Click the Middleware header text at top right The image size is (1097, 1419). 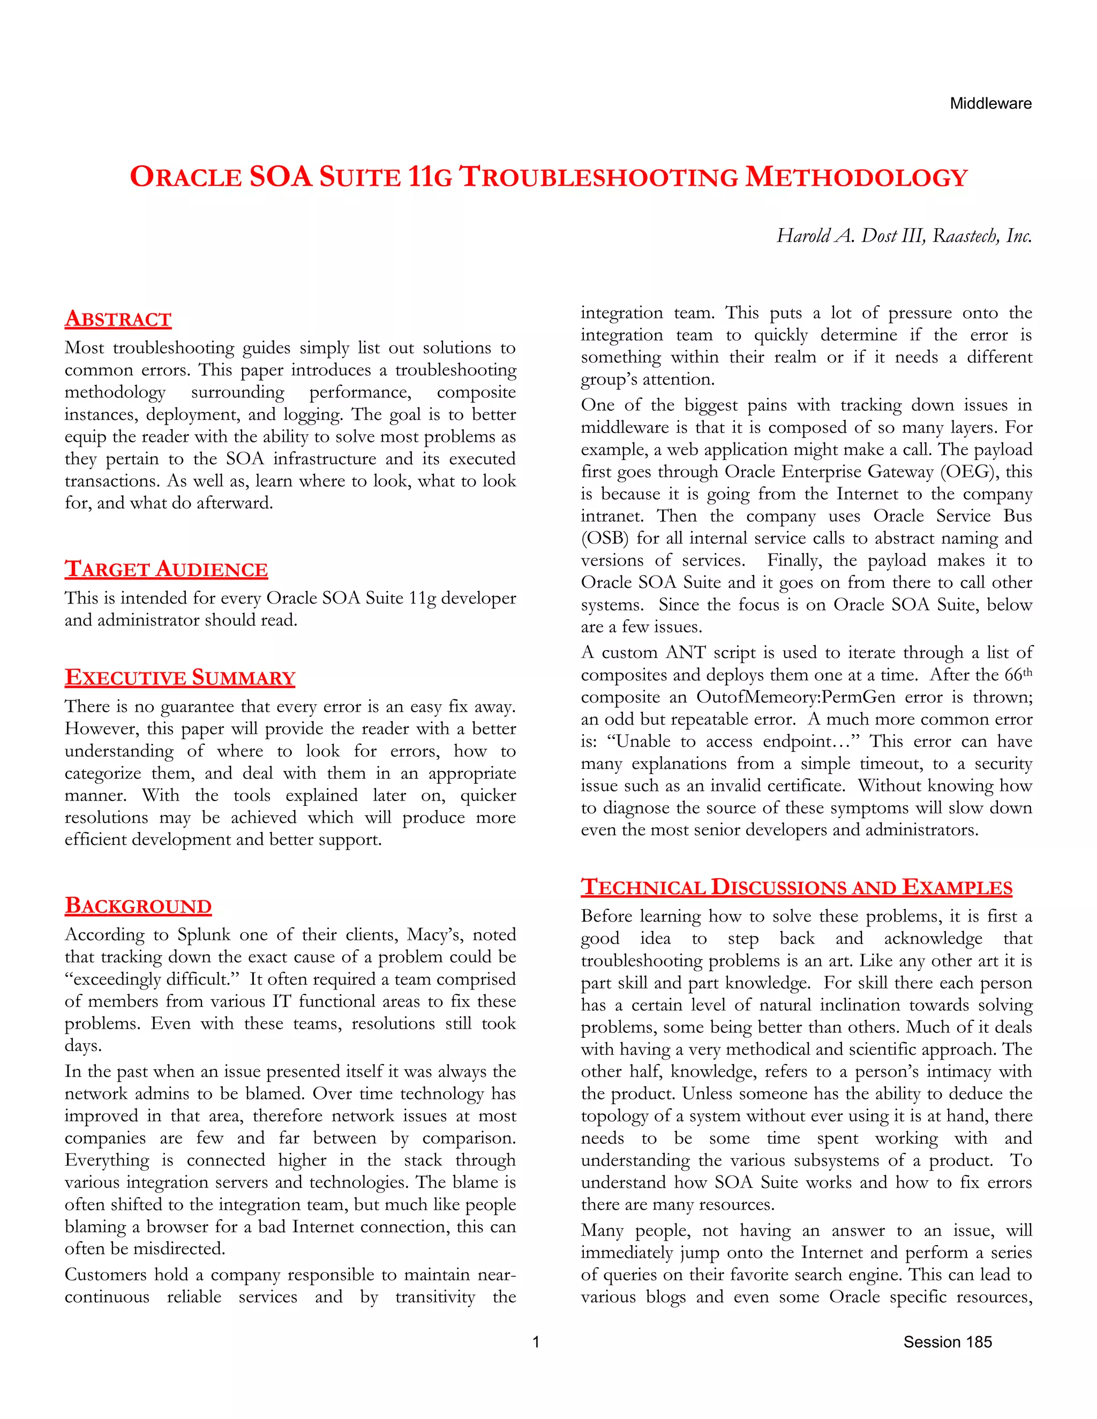point(990,103)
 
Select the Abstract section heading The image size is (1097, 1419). point(118,319)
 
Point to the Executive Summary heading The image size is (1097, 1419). point(179,678)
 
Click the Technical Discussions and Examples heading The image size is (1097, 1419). point(796,887)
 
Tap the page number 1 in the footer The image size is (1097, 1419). point(536,1342)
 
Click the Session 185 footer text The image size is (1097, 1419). point(947,1342)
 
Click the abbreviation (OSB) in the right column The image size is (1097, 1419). point(604,539)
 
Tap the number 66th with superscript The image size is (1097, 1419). point(1017,675)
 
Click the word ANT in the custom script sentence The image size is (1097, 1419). point(685,652)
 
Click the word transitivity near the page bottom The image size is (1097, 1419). point(435,1297)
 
